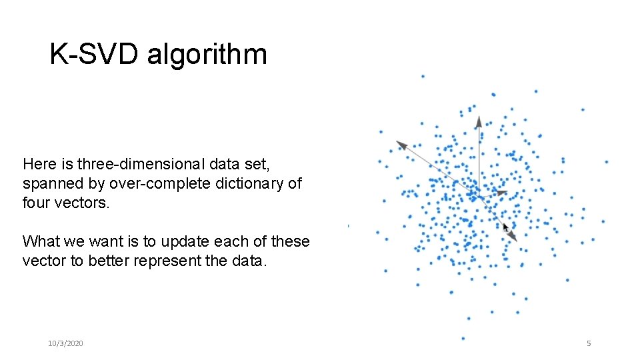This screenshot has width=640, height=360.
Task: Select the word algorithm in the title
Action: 207,55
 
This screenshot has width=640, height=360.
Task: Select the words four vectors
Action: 65,203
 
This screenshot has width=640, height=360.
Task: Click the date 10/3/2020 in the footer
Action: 65,343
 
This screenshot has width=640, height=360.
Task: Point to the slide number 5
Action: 589,343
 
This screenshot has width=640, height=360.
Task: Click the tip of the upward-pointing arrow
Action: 479,117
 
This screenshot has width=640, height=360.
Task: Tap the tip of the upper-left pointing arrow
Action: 397,141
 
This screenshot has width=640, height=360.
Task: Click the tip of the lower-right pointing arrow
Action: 516,241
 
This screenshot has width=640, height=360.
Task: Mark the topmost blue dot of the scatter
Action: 423,76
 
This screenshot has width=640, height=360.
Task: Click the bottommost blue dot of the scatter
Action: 463,338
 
